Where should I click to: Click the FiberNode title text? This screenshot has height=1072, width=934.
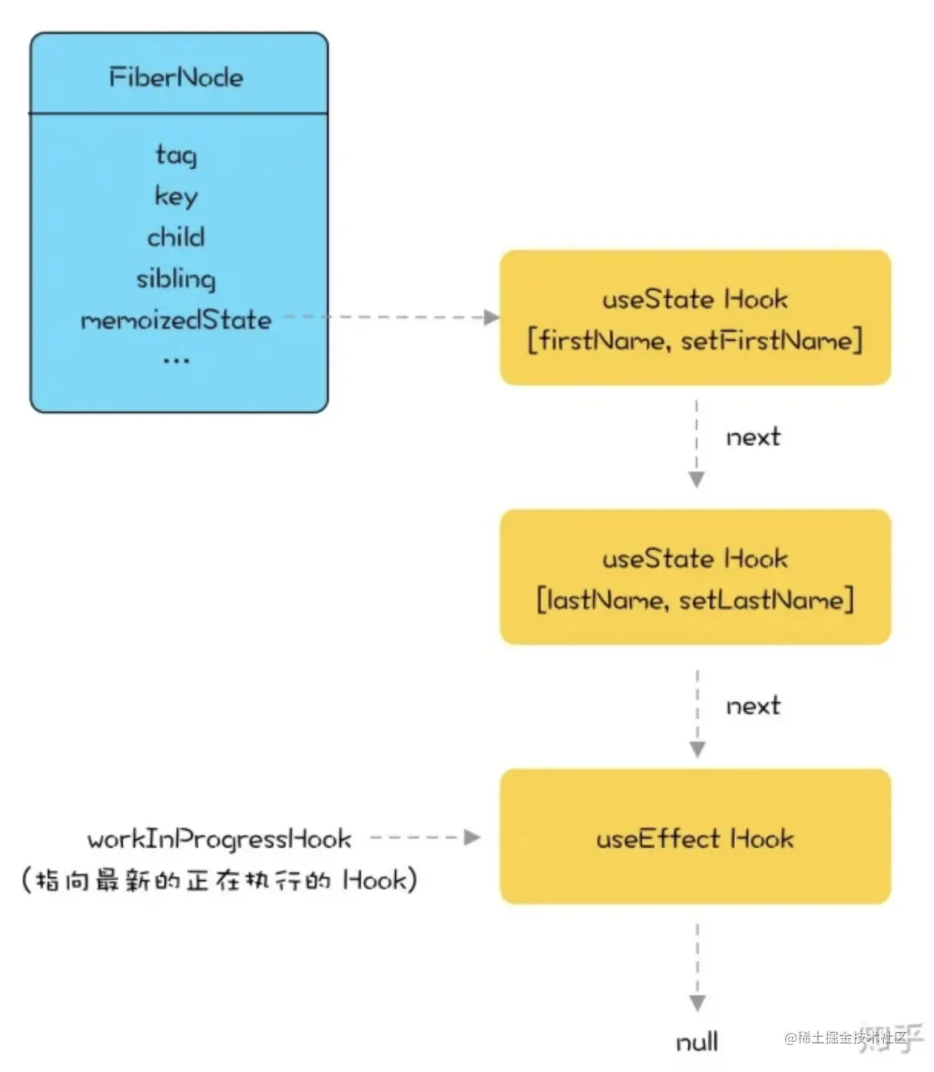click(176, 77)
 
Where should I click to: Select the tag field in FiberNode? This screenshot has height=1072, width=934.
click(177, 154)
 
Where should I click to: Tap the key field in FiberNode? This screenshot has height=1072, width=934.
click(177, 196)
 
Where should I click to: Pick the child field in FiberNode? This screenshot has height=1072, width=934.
click(177, 237)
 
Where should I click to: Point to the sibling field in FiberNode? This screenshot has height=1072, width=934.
click(177, 278)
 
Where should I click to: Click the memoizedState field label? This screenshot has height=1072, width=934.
click(177, 319)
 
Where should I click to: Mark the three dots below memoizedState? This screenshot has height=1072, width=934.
click(177, 359)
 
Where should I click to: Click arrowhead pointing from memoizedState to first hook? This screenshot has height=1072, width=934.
click(492, 317)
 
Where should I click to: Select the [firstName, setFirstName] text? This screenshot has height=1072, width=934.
click(695, 339)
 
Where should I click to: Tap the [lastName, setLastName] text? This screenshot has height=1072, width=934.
click(695, 599)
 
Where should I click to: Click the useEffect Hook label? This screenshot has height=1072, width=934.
click(695, 838)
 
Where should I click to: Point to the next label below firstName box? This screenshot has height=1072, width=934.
click(753, 437)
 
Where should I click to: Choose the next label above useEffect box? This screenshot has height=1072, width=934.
click(753, 706)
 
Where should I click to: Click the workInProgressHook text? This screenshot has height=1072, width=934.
click(220, 839)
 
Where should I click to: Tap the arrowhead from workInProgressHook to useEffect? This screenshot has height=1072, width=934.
click(472, 838)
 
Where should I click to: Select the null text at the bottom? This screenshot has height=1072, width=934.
click(697, 1042)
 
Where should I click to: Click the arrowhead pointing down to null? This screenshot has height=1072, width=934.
click(697, 1003)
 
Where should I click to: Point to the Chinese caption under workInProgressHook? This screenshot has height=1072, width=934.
click(220, 880)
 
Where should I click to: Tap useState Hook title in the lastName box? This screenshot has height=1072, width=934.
click(695, 558)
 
